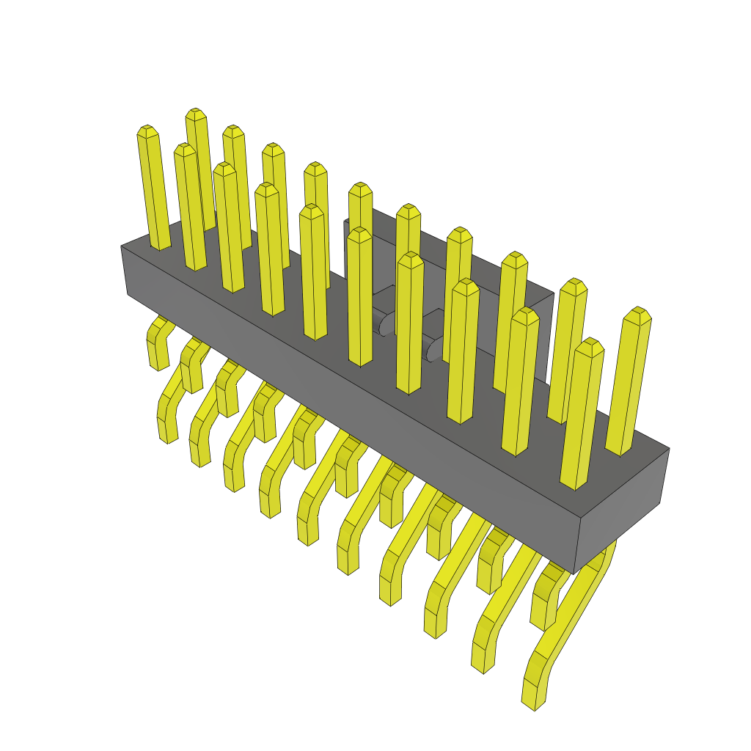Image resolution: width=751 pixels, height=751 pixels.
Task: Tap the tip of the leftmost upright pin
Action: tap(147, 131)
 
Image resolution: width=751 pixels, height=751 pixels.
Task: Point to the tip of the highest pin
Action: tap(195, 114)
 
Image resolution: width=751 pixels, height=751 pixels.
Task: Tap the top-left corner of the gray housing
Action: tap(122, 246)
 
